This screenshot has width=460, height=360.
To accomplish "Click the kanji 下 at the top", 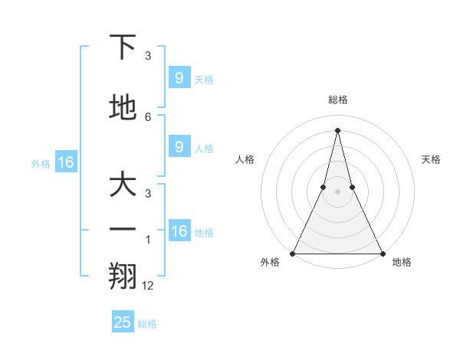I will [x=123, y=47].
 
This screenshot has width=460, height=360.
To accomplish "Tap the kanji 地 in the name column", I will [x=123, y=109].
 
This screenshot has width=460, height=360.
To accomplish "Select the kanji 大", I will [x=123, y=186].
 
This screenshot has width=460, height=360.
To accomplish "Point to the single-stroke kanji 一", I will [x=123, y=230].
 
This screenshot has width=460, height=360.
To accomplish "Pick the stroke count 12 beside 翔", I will [x=148, y=285].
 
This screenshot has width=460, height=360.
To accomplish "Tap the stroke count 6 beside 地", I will [x=148, y=116].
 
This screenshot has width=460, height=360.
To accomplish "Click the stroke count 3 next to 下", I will [x=148, y=55].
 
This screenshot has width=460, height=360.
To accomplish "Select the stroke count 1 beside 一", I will [x=148, y=239].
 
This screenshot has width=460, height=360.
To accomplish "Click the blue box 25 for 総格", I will [x=123, y=322].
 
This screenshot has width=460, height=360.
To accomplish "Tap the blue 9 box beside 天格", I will [x=179, y=77].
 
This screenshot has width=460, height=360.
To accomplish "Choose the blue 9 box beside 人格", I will [x=179, y=146].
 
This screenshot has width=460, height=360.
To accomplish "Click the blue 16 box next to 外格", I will [x=66, y=162].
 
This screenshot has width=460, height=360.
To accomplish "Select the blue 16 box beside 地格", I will [x=179, y=231].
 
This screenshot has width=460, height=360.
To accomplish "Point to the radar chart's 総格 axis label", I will [x=337, y=100].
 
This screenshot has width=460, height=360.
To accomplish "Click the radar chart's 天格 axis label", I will [x=431, y=159].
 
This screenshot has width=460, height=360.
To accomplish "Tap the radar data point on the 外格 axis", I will [x=293, y=253].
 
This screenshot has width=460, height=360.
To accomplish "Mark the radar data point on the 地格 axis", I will [x=382, y=253].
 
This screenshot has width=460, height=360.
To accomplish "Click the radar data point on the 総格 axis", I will [x=337, y=129].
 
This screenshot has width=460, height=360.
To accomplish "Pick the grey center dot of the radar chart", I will [x=337, y=191].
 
